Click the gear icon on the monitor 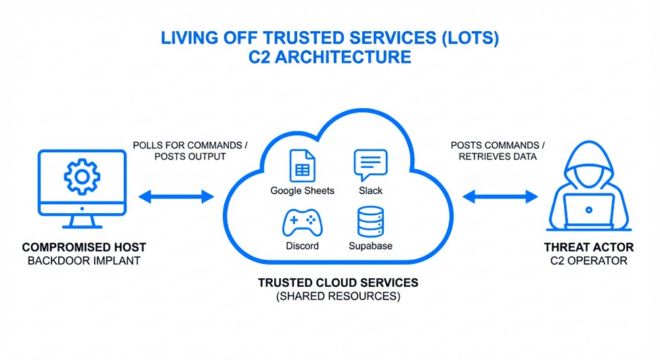[x=82, y=177]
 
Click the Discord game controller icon [x=301, y=222]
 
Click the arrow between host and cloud [x=176, y=197]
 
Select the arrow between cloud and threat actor [x=500, y=197]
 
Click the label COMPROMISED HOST [x=84, y=248]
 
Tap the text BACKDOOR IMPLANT [x=84, y=261]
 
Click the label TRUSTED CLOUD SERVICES [x=338, y=282]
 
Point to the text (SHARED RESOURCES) [x=338, y=296]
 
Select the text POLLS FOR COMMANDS [x=179, y=145]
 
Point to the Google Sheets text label [x=302, y=191]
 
